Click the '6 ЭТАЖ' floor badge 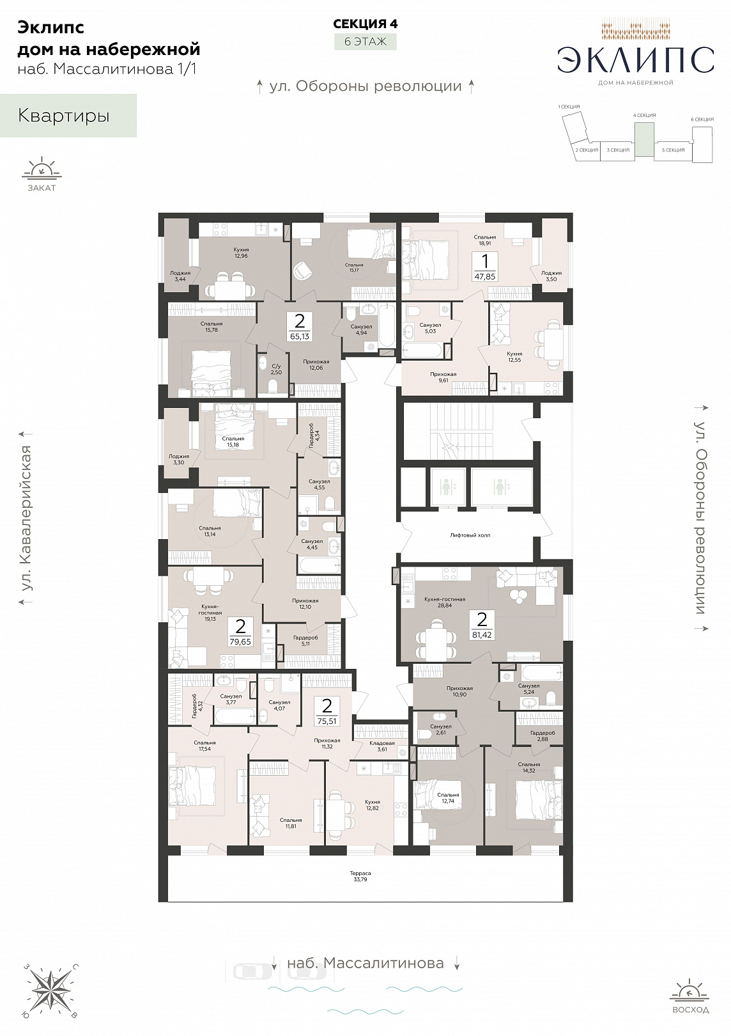pos(365,42)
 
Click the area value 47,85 pos(485,276)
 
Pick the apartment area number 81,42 pos(482,635)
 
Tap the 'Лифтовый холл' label pos(470,535)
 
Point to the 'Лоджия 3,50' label pos(551,276)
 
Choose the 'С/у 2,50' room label pos(276,369)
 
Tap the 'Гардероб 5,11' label pos(305,640)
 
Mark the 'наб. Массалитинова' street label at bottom pos(365,963)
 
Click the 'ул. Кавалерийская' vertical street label pos(27,518)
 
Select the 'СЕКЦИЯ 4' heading pos(365,24)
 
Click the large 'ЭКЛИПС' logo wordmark pos(635,61)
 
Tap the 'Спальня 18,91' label pos(485,240)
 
